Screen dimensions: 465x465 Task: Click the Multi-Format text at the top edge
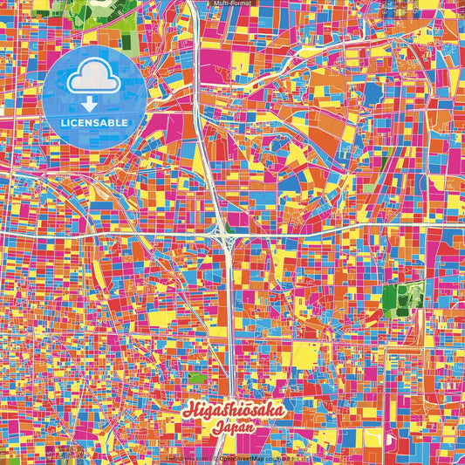click(232, 3)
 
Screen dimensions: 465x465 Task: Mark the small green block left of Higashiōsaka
click(196, 379)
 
